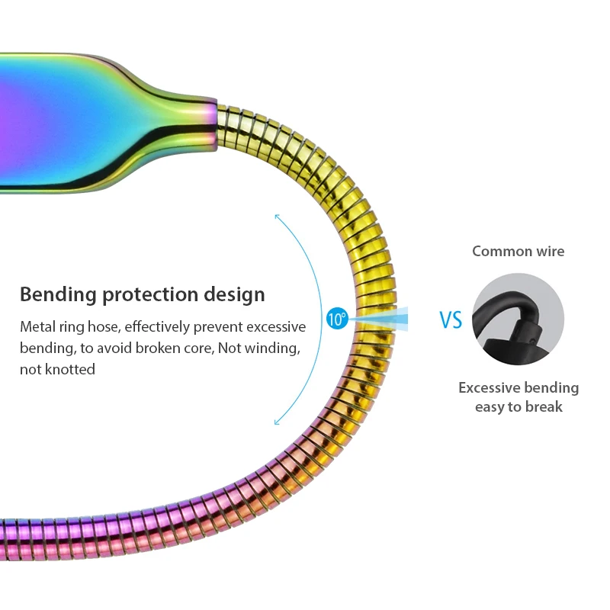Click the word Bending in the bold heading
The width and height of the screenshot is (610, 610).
click(x=59, y=294)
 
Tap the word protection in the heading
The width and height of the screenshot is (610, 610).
click(x=150, y=294)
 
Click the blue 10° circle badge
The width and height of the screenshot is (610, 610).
click(x=337, y=319)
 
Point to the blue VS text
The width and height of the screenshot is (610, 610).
click(x=451, y=319)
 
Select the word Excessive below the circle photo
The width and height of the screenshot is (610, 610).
click(x=488, y=388)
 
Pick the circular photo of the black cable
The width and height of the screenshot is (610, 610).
click(x=518, y=319)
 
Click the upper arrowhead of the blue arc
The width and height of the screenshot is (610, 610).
click(x=277, y=217)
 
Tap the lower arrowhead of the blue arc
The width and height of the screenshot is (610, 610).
click(x=277, y=422)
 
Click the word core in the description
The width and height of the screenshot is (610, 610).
click(x=201, y=348)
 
